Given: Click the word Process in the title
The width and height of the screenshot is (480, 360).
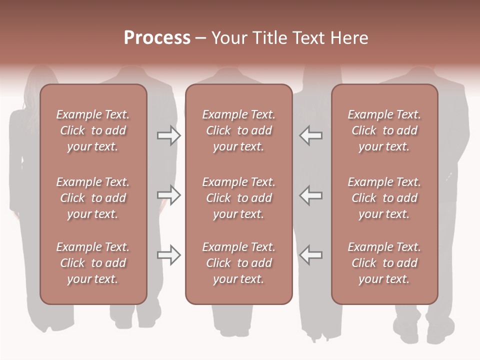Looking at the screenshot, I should click(157, 38).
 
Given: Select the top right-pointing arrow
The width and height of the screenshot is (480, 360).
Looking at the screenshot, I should click(168, 135).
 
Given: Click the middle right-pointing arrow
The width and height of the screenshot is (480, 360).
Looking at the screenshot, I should click(168, 195).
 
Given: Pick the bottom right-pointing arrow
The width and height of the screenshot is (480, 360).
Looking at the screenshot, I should click(168, 255).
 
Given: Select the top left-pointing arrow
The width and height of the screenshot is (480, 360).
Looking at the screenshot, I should click(311, 135).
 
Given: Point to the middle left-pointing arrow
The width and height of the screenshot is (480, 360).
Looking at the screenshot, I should click(311, 195).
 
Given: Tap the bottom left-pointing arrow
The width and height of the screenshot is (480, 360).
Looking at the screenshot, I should click(311, 255).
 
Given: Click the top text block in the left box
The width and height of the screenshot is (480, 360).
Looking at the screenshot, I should click(93, 130).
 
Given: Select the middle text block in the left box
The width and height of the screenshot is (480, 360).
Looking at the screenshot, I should click(93, 198).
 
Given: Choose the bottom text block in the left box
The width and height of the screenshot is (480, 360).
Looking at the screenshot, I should click(93, 263).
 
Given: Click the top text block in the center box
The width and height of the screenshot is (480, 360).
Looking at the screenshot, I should click(238, 130).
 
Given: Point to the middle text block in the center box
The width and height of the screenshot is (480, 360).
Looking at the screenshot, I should click(238, 198).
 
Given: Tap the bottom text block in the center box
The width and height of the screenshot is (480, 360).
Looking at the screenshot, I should click(238, 263).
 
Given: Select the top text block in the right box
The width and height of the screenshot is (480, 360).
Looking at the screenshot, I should click(384, 130).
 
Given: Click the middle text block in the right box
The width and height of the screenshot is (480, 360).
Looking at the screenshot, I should click(384, 198).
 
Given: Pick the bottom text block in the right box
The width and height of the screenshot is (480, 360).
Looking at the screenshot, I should click(384, 263).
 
